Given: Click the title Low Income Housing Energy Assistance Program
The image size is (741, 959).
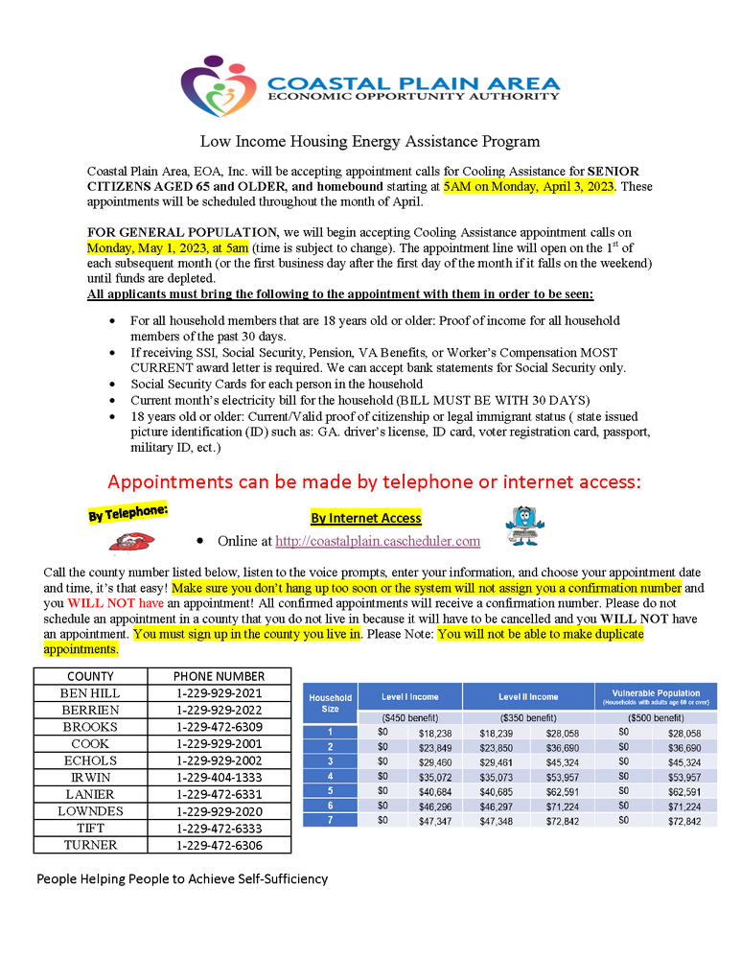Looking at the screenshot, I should pyautogui.click(x=370, y=142).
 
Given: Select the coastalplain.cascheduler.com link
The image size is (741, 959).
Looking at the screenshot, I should pyautogui.click(x=378, y=541).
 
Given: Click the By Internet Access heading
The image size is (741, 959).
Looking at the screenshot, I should pyautogui.click(x=365, y=518).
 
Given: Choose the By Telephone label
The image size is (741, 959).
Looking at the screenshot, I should pyautogui.click(x=128, y=514).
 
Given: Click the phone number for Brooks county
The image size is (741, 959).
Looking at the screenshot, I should pyautogui.click(x=219, y=727).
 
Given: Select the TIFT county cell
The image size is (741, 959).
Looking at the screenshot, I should pyautogui.click(x=90, y=829).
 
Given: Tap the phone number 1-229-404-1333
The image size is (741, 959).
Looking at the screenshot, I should pyautogui.click(x=219, y=778).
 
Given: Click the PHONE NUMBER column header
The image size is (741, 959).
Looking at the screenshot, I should pyautogui.click(x=219, y=676).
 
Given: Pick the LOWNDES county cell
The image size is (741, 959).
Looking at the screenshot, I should pyautogui.click(x=90, y=811).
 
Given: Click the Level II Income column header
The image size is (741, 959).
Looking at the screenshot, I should pyautogui.click(x=528, y=697).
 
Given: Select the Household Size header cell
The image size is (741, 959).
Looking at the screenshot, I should pyautogui.click(x=330, y=703).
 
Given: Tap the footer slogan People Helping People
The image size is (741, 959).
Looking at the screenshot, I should pyautogui.click(x=182, y=878).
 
